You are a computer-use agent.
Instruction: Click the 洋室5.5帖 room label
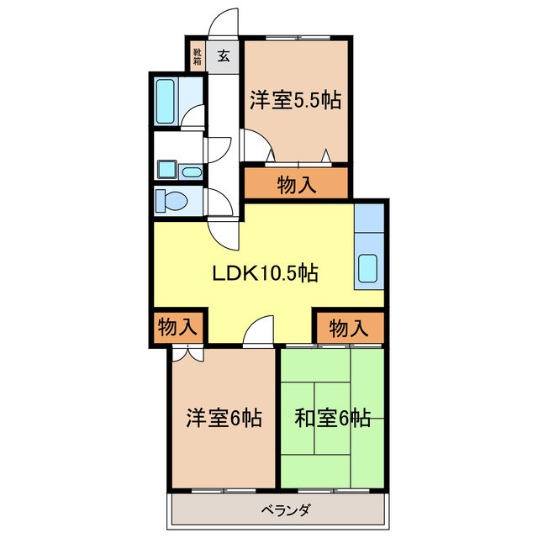click(x=294, y=101)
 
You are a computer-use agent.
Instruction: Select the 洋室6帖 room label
click(x=224, y=418)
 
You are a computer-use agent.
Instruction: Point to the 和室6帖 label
click(x=333, y=418)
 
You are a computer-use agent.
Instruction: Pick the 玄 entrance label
click(x=224, y=56)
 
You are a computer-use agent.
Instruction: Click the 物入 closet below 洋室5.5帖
click(x=296, y=184)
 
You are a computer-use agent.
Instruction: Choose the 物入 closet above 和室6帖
click(x=348, y=328)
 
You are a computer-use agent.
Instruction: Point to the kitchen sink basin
click(x=368, y=267)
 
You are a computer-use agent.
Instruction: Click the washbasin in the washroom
click(x=192, y=172)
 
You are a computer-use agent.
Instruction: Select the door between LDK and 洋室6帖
click(x=259, y=333)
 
